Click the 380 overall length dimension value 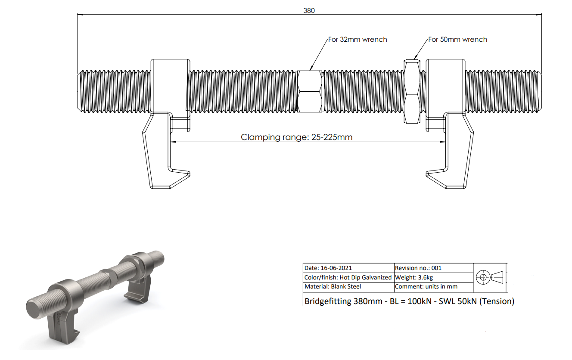(x=309, y=10)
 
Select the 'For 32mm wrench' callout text (x=357, y=39)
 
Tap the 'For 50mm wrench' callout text (x=457, y=39)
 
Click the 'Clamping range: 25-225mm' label (x=296, y=137)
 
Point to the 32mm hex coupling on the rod (x=310, y=91)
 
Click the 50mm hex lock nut (x=412, y=91)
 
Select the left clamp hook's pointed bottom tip (x=189, y=174)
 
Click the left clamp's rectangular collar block (x=170, y=86)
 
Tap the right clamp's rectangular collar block (x=446, y=86)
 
